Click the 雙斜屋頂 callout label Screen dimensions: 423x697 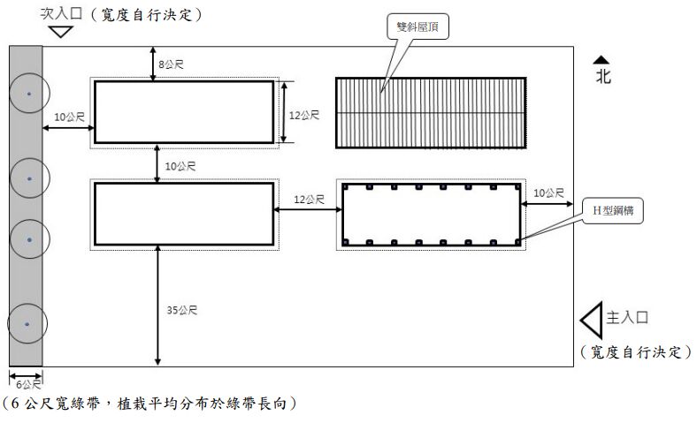pos(417,28)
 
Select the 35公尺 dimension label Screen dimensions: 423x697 pos(181,310)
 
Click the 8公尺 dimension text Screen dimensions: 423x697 pos(171,64)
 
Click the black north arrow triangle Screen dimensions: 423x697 pos(602,59)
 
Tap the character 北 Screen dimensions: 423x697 pos(602,77)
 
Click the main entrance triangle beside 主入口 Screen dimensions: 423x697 pos(590,318)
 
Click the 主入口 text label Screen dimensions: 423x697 pos(632,317)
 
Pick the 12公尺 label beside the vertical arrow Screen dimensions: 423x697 pos(304,115)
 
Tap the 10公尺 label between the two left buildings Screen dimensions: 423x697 pos(180,166)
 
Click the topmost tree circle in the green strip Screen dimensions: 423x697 pos(29,93)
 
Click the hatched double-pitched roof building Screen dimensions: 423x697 pos(431,112)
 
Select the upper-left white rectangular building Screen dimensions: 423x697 pos(183,111)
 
